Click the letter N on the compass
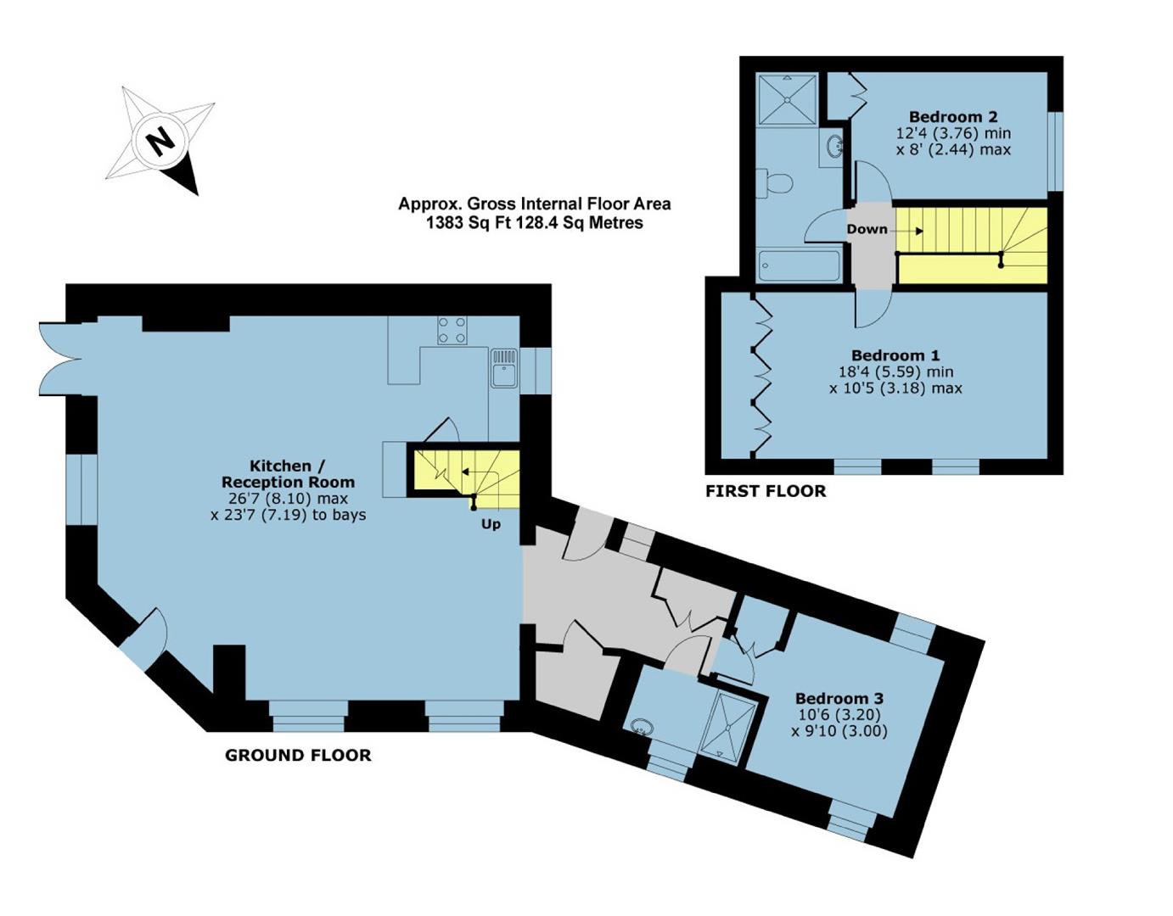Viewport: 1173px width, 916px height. pos(161,142)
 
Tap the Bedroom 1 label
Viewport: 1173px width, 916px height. pos(895,355)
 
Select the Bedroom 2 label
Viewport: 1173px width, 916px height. pos(953,116)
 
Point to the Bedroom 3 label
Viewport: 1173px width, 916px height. pos(839,698)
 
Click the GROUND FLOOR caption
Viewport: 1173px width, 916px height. pos(298,756)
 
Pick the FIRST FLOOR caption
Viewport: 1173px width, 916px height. pos(766,491)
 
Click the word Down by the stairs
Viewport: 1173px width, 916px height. pos(867,229)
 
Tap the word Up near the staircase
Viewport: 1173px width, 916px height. pos(491,524)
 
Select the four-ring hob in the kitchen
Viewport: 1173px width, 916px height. pos(452,330)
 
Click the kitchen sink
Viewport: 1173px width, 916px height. pos(503,368)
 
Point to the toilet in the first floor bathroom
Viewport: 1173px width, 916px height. pos(773,183)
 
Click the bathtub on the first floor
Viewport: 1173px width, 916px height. pos(799,265)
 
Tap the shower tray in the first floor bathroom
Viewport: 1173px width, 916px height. pos(787,100)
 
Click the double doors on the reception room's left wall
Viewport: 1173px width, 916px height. pos(61,360)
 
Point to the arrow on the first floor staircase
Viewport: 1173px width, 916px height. pos(910,232)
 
